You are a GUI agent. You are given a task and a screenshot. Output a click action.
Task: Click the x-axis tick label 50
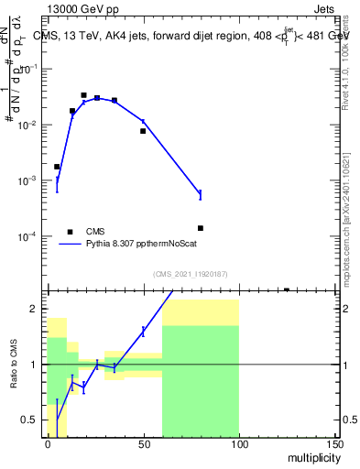click(144, 442)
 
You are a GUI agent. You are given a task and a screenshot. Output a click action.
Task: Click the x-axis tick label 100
click(239, 442)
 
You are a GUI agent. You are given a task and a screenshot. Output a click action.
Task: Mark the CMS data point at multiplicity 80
click(200, 228)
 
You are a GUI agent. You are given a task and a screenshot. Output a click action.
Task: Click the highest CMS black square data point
click(83, 94)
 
